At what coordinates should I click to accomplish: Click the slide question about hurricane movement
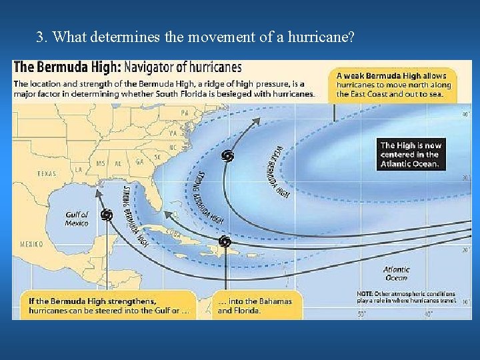(195, 37)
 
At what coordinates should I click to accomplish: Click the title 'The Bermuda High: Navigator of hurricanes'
(128, 67)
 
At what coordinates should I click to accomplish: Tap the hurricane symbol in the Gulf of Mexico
(106, 215)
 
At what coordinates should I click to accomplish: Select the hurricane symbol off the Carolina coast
(228, 156)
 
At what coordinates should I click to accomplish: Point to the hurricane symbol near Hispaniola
(225, 241)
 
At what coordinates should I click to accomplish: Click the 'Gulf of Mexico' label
(77, 219)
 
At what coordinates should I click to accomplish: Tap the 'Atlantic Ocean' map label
(396, 273)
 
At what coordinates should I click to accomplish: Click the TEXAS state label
(47, 173)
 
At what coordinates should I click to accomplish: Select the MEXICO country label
(31, 245)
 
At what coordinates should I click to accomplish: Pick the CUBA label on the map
(173, 233)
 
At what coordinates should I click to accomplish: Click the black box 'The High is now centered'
(410, 154)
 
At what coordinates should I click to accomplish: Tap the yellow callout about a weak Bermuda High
(394, 85)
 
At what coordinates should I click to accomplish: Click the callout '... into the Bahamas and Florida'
(255, 305)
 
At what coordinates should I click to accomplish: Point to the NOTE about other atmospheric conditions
(406, 297)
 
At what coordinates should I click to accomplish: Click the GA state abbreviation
(139, 162)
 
